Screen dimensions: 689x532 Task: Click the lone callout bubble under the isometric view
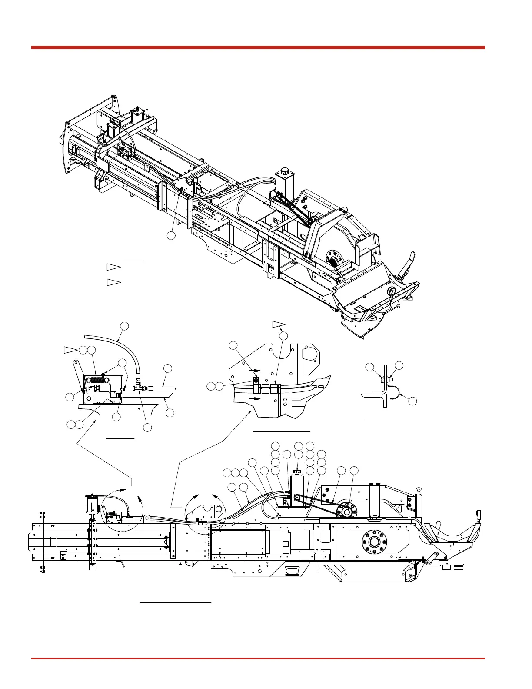click(172, 235)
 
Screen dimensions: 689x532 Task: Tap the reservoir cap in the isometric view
click(285, 171)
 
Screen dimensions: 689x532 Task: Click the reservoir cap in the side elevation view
click(297, 472)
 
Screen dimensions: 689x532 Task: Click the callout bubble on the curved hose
click(124, 326)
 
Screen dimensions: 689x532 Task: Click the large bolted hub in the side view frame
click(373, 542)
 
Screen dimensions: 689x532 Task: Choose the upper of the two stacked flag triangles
click(113, 267)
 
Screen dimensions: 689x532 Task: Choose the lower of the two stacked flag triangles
click(113, 282)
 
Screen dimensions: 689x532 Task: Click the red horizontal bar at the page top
click(258, 47)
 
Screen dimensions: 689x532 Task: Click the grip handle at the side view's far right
click(480, 515)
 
